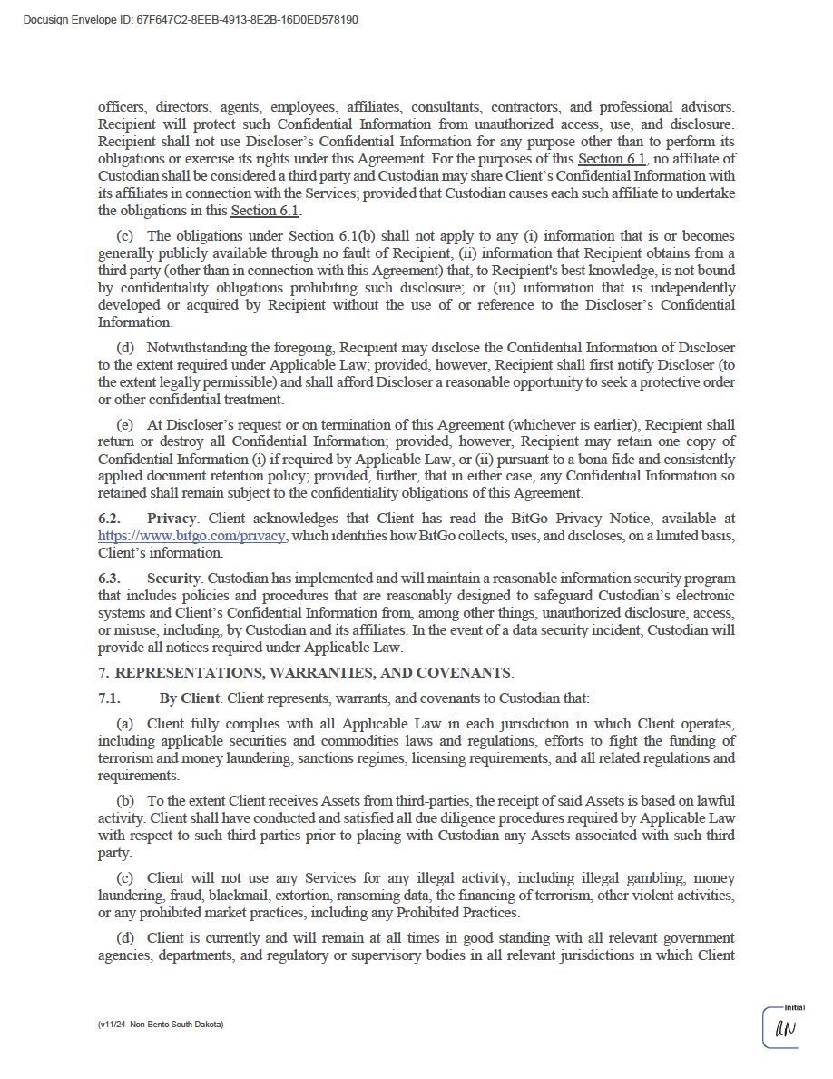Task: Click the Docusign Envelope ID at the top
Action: click(x=191, y=20)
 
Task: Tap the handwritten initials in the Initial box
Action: click(x=785, y=1029)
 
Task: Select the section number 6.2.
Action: click(x=109, y=519)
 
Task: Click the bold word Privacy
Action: click(x=171, y=519)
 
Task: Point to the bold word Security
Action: click(x=174, y=579)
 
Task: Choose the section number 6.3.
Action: click(x=109, y=579)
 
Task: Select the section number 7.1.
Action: click(x=109, y=698)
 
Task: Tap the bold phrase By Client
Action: click(x=190, y=698)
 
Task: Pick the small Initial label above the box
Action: click(x=794, y=1007)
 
